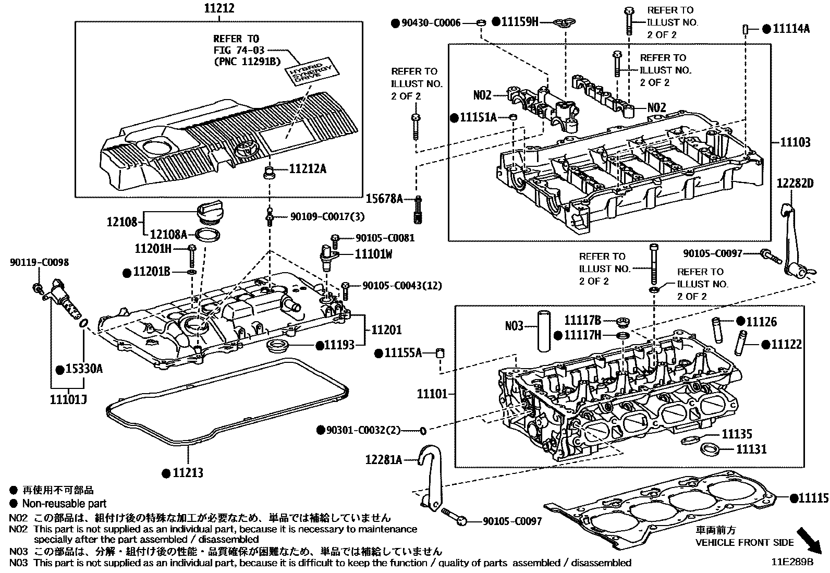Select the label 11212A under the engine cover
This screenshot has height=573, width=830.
click(308, 169)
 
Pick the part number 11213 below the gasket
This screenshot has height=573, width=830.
click(188, 473)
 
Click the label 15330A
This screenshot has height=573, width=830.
click(83, 369)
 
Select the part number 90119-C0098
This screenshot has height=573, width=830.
click(39, 263)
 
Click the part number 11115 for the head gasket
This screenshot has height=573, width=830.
click(813, 498)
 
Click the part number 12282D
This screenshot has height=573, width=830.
click(795, 184)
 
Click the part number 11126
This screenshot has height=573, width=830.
click(761, 322)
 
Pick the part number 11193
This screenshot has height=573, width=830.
click(339, 345)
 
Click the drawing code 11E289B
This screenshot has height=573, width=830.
click(792, 563)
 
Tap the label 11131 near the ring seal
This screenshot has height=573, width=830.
click(751, 448)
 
